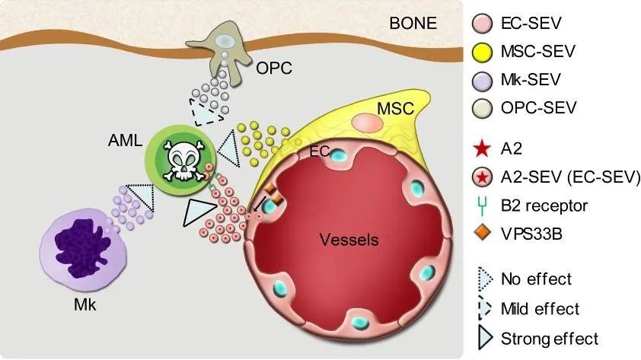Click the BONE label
tap(413, 24)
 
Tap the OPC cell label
tap(274, 68)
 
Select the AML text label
tap(125, 141)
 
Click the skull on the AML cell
tap(183, 160)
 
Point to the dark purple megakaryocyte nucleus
tap(80, 248)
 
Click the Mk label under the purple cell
tap(85, 305)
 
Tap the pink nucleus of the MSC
tap(368, 123)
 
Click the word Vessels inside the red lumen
tap(349, 240)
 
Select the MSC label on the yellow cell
tap(395, 109)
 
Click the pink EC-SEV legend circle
tap(482, 23)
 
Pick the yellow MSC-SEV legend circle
tap(482, 52)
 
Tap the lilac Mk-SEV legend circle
tap(482, 80)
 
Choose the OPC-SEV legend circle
tap(482, 108)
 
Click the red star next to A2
tap(482, 149)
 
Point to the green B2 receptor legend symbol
tap(483, 206)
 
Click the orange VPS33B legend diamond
tap(483, 234)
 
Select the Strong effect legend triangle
tap(484, 339)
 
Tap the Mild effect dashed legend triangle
tap(484, 308)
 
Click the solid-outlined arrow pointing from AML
tap(198, 212)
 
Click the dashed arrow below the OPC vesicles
tap(206, 111)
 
